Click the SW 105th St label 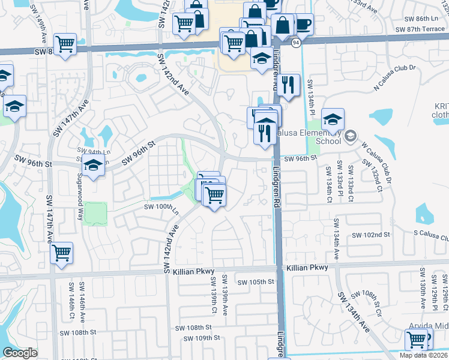pos(256,282)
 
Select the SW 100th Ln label pos(161,206)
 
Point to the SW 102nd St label pos(371,234)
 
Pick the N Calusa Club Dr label pos(394,78)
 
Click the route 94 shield pos(296,43)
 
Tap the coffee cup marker pos(303,25)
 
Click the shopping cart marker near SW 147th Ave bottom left pos(61,253)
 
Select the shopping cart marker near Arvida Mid pos(416,340)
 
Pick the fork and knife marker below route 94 pos(290,85)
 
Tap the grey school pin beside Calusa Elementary pos(350,137)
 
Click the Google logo pos(20,353)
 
